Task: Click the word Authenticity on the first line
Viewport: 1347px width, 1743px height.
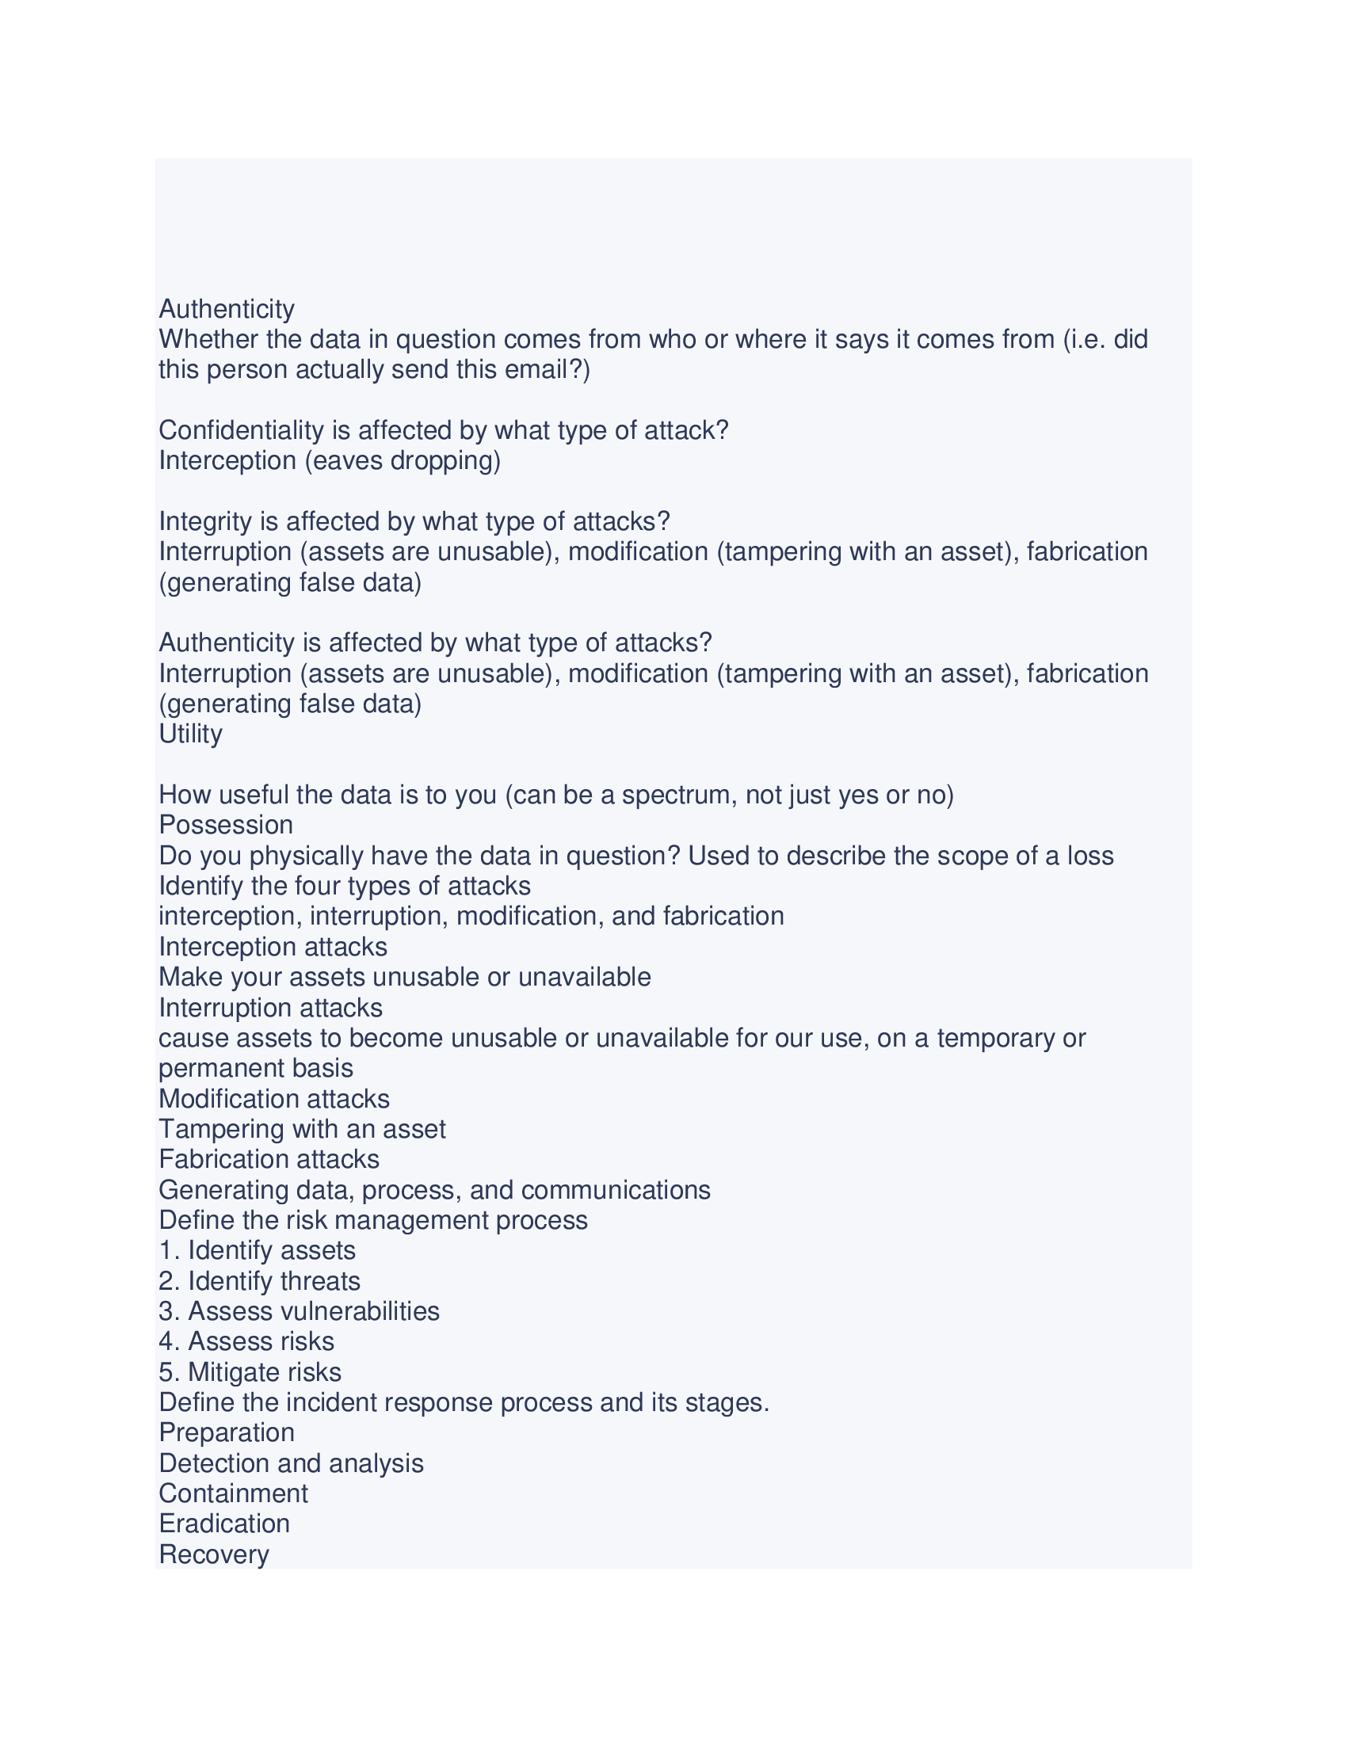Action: [x=227, y=309]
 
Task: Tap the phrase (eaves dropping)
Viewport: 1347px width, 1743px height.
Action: [x=403, y=461]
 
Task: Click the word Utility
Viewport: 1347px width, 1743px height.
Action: [x=191, y=734]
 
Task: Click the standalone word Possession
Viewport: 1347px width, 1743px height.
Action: [x=227, y=826]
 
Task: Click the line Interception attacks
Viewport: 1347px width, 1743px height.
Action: [x=273, y=947]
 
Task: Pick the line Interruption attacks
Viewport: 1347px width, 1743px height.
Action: [x=270, y=1008]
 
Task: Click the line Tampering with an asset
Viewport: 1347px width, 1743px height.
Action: [x=303, y=1129]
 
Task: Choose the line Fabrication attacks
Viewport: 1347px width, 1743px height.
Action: [x=269, y=1160]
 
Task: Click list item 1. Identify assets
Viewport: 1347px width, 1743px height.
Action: [x=257, y=1250]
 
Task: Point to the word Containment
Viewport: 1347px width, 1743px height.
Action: [x=233, y=1493]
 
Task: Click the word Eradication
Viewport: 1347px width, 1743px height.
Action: [x=224, y=1524]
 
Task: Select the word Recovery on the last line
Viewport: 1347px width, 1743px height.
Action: [x=214, y=1554]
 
